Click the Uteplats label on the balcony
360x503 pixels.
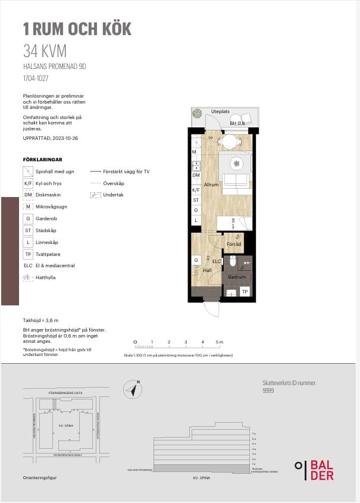coord(220,111)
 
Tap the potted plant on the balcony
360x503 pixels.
coord(196,114)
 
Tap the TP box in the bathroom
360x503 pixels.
coord(244,291)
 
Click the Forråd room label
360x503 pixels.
coord(234,244)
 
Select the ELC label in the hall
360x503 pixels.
coord(217,261)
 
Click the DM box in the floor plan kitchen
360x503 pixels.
coord(195,175)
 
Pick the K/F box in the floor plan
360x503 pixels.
coord(195,190)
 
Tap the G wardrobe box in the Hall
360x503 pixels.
coord(195,261)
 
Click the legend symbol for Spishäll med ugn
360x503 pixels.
coord(27,171)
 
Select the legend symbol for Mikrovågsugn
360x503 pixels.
coord(27,207)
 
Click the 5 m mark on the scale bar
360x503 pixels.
coord(220,342)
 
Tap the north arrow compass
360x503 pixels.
coord(133,390)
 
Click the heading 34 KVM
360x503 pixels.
coord(45,51)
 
